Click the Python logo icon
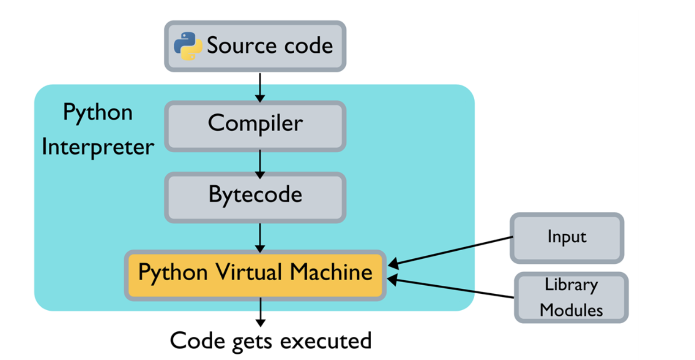point(188,46)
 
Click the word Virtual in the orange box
point(249,272)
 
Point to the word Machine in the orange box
point(331,272)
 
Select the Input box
point(566,237)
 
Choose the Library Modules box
point(571,297)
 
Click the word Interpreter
point(98,147)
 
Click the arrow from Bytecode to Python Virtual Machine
point(260,237)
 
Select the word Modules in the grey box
point(571,310)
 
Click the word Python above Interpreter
point(98,112)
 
